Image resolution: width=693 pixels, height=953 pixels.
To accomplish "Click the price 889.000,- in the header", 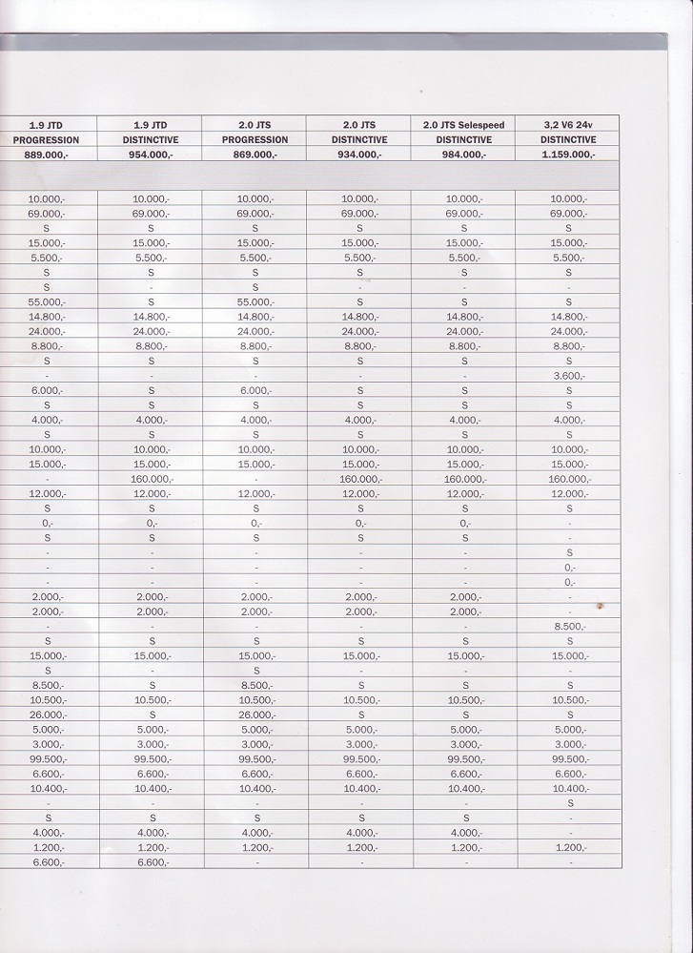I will (x=46, y=155).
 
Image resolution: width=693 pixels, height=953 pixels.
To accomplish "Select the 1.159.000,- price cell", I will (x=568, y=155).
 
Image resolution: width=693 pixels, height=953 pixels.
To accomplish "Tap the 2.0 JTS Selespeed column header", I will (x=464, y=125).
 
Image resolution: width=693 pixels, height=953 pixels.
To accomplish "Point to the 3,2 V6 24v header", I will (x=568, y=125).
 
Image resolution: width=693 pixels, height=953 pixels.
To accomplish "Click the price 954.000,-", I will (x=151, y=155).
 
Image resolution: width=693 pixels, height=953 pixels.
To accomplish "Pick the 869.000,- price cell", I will (x=255, y=155).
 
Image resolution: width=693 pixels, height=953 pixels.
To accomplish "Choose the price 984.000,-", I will (x=464, y=155).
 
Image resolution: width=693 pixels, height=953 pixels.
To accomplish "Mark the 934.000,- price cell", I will (x=359, y=155).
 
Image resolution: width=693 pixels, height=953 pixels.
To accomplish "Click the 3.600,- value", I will (x=570, y=376).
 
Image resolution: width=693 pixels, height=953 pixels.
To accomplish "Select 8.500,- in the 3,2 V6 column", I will (x=570, y=627).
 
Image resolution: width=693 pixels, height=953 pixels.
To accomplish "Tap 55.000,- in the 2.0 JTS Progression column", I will (x=255, y=302).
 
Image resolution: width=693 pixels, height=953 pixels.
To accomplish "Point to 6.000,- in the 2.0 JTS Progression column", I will (x=255, y=391).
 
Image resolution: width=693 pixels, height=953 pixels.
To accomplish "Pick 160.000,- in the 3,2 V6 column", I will (x=570, y=479).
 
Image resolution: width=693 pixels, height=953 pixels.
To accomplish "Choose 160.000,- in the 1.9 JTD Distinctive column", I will (x=151, y=479).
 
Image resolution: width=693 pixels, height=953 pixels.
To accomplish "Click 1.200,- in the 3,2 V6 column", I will (x=570, y=847).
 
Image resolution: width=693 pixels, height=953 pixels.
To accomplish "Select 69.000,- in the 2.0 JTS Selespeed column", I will (x=464, y=214).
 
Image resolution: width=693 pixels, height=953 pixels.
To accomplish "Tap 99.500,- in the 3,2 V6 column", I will (x=570, y=759).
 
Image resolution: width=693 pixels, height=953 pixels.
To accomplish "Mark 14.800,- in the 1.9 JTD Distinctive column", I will (x=151, y=317).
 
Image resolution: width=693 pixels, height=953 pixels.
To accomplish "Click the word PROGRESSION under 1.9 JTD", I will (x=46, y=140).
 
